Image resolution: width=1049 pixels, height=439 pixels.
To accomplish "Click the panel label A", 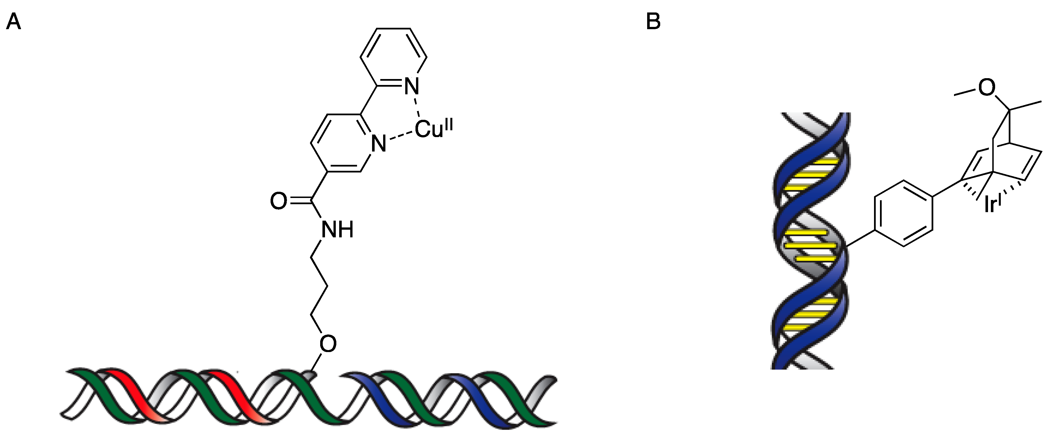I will (x=13, y=22).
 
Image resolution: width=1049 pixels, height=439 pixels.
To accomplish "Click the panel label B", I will (x=653, y=22).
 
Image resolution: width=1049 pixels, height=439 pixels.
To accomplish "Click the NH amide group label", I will (x=337, y=230).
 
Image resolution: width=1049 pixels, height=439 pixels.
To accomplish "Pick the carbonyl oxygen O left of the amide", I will (x=278, y=201).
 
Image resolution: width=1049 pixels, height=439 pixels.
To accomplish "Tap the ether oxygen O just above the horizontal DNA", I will (x=328, y=344).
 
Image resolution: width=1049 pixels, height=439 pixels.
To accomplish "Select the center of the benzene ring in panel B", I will (x=904, y=213).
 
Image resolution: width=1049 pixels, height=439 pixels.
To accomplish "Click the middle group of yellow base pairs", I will (x=811, y=245).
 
